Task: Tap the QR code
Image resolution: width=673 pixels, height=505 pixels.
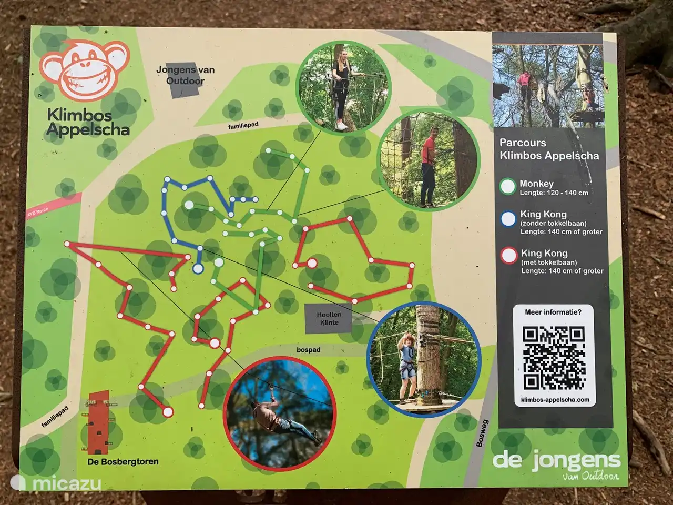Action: click(x=554, y=357)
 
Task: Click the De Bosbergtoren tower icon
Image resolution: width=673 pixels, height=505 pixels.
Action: click(x=98, y=423)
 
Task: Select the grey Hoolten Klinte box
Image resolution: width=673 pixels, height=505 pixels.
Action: click(x=329, y=318)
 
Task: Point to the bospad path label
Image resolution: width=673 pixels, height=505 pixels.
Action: click(x=308, y=350)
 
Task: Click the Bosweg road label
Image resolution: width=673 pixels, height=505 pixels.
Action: click(x=482, y=433)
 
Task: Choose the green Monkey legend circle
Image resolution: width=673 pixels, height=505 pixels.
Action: click(x=508, y=187)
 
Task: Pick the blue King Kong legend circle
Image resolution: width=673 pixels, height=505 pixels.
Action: click(x=508, y=218)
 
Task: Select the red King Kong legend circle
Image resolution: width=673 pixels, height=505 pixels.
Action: click(x=508, y=256)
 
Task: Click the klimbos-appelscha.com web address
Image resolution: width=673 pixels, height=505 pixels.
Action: click(x=555, y=400)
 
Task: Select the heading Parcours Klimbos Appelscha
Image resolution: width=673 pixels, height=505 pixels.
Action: click(x=548, y=149)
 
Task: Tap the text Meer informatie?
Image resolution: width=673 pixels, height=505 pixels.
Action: click(x=553, y=312)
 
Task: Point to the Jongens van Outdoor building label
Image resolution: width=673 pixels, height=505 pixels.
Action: click(x=186, y=76)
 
